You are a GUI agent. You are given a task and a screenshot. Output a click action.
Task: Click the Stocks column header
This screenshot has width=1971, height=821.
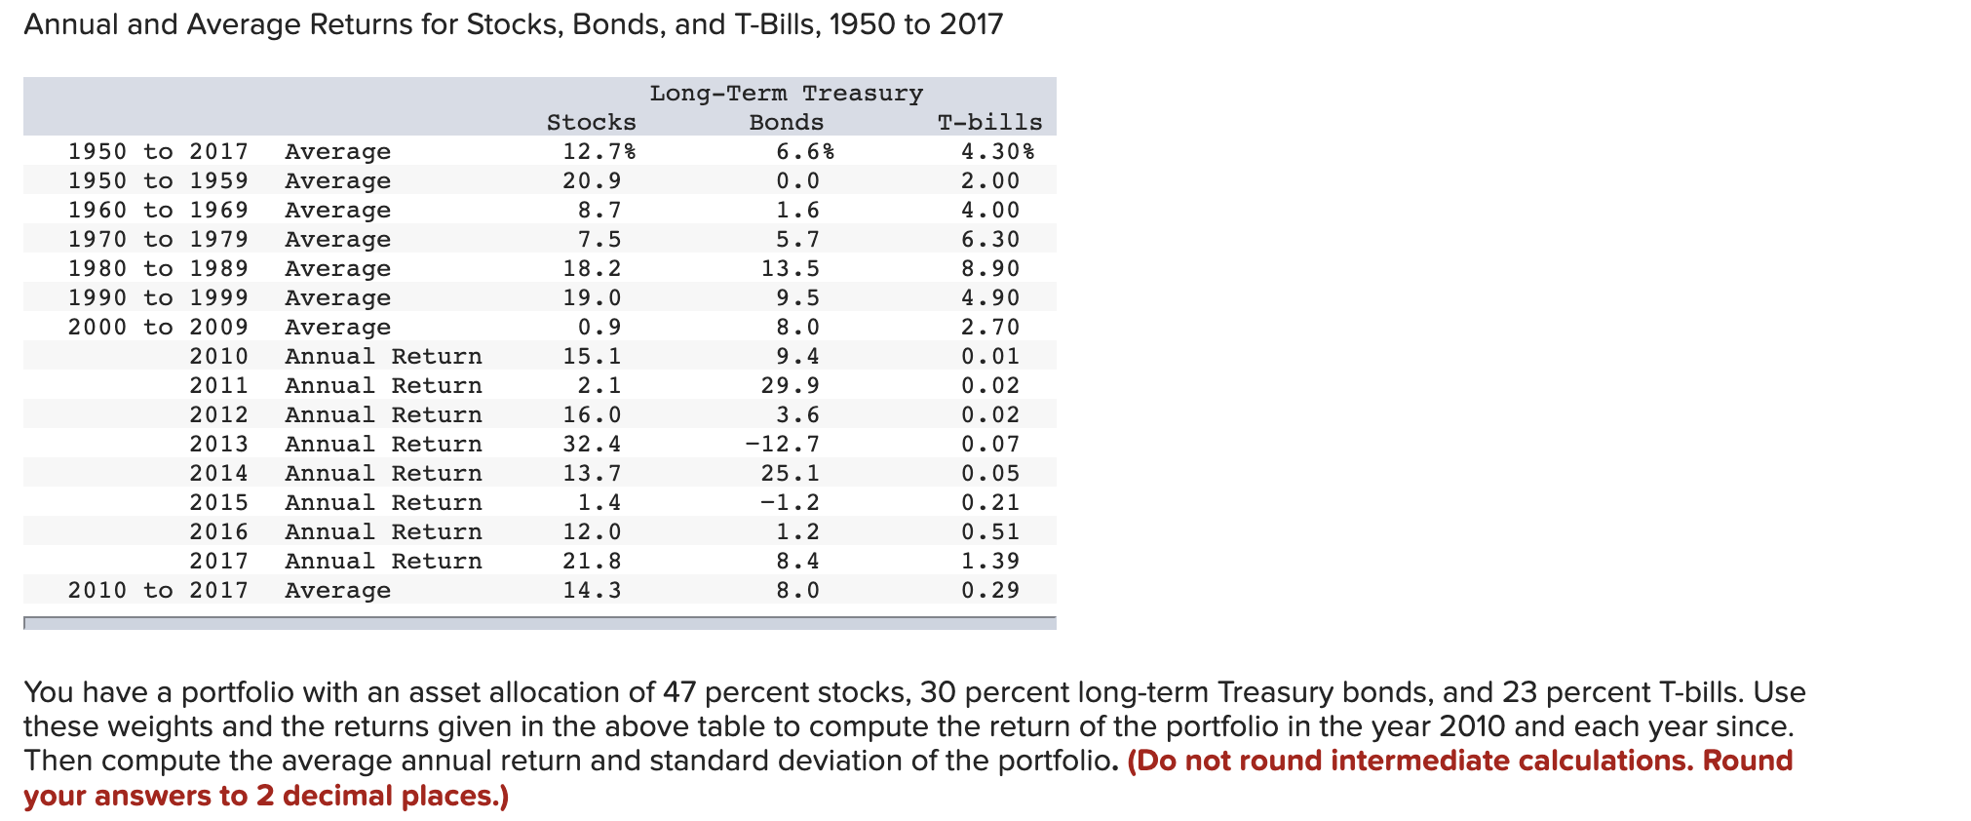591,123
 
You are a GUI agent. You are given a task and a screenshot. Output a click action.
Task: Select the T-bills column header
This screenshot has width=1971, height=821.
989,123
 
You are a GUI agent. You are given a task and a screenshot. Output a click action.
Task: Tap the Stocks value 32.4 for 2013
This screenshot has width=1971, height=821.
591,445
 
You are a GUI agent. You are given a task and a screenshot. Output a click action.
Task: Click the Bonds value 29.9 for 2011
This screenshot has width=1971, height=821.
790,386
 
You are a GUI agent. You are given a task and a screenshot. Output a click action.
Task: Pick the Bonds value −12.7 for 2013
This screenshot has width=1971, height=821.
782,445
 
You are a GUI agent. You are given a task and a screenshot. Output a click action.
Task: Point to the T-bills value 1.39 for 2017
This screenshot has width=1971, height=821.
989,562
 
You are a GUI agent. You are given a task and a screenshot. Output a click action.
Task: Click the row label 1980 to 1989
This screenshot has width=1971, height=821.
158,269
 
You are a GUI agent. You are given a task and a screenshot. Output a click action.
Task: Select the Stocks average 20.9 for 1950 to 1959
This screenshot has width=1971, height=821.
591,181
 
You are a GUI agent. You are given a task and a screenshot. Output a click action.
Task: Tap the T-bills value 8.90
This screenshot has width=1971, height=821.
989,269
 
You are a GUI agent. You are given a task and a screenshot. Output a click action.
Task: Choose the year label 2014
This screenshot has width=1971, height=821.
218,474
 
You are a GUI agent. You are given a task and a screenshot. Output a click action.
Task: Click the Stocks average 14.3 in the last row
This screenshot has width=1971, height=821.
591,591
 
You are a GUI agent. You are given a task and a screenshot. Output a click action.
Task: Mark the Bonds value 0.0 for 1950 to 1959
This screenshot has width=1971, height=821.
797,181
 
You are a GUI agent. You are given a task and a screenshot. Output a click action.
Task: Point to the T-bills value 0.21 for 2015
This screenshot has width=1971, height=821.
989,503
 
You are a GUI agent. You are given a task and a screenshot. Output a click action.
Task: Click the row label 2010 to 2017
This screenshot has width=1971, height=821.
158,591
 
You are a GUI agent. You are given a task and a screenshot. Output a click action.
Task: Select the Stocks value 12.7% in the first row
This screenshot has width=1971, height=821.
599,152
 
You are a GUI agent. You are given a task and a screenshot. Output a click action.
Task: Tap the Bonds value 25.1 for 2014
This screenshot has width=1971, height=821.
790,474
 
